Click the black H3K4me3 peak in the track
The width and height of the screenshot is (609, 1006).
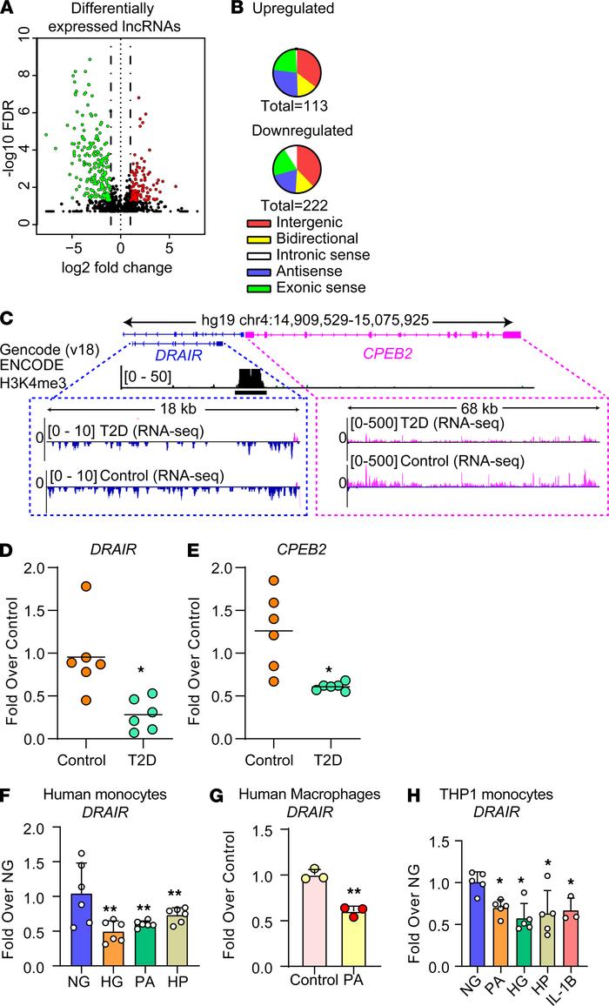[251, 379]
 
